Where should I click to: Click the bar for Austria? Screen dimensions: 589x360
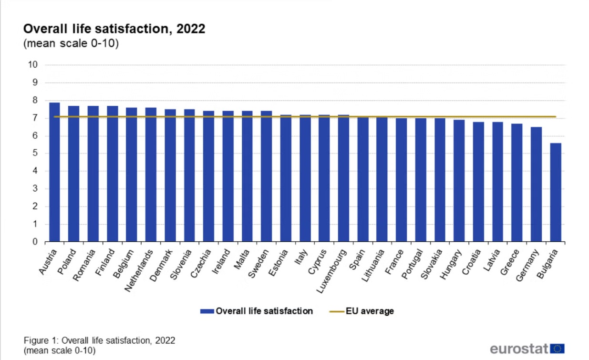click(x=54, y=172)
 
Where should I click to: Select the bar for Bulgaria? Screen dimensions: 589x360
click(x=556, y=193)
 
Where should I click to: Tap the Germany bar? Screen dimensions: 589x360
click(x=536, y=185)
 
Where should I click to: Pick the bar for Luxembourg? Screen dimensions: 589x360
click(x=343, y=178)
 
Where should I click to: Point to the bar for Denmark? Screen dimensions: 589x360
click(x=170, y=175)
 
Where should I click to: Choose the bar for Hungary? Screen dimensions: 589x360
click(x=459, y=181)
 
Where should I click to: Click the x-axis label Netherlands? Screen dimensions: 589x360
click(x=139, y=271)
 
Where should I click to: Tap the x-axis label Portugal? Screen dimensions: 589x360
click(x=412, y=264)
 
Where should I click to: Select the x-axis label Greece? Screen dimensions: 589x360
click(x=509, y=262)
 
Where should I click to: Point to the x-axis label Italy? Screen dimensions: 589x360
click(x=301, y=257)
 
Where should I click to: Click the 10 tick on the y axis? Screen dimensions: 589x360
click(x=33, y=65)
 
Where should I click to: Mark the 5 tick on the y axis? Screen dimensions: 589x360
click(x=35, y=154)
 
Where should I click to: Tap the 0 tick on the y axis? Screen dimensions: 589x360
click(x=35, y=242)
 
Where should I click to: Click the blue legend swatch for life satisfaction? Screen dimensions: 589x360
click(x=207, y=311)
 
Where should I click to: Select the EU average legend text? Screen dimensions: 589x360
click(x=370, y=311)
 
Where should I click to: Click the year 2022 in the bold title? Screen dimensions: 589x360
click(x=191, y=29)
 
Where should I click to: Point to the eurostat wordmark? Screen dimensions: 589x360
click(x=519, y=349)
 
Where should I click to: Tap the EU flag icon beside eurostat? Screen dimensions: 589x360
click(x=557, y=349)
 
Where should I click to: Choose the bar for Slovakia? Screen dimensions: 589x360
click(x=440, y=180)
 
